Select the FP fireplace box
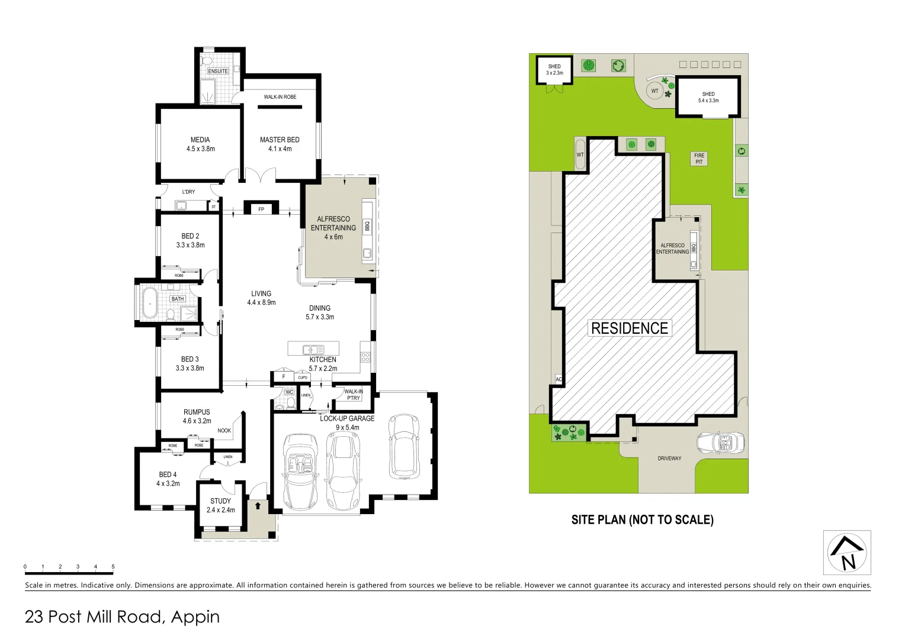click(261, 209)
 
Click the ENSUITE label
click(218, 71)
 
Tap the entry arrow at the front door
click(258, 506)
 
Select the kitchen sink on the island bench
click(313, 349)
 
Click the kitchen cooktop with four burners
click(365, 357)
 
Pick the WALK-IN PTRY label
click(354, 395)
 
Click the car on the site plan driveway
click(720, 442)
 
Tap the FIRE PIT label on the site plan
click(699, 159)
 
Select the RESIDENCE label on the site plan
click(629, 328)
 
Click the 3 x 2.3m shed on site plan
click(554, 70)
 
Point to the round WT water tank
click(654, 91)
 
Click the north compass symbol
click(847, 553)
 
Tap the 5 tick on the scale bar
click(113, 567)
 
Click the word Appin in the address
click(195, 617)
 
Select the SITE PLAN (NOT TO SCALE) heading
click(642, 520)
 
